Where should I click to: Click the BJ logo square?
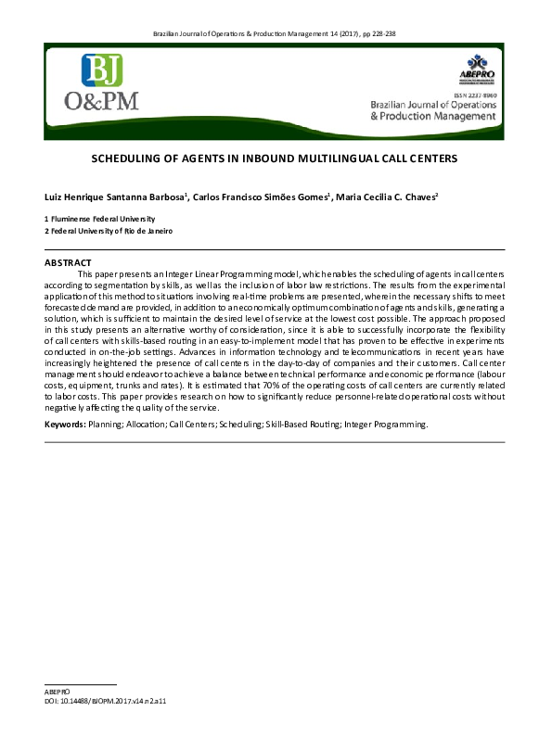102,70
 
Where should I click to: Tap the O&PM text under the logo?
101,101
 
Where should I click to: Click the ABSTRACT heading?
68,263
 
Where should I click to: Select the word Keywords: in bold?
65,425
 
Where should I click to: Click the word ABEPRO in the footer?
57,692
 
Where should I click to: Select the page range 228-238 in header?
383,34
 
